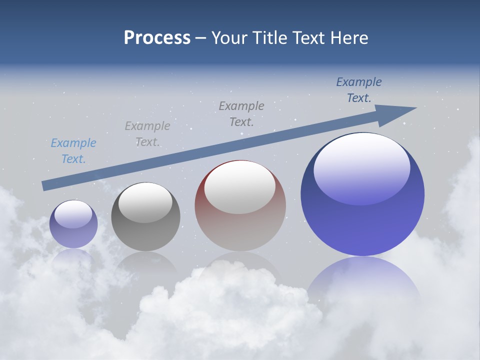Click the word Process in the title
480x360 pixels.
tap(157, 37)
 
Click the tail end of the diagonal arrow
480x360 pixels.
tap(45, 185)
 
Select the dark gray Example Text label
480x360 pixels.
tap(241, 113)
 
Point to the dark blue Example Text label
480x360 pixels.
tap(359, 90)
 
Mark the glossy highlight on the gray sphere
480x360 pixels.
tap(145, 202)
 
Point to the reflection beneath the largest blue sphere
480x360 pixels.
tap(362, 280)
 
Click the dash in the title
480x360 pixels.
tap(201, 38)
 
